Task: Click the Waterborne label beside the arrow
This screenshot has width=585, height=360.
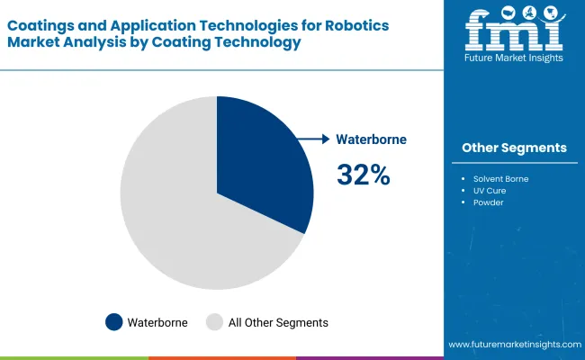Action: (372, 139)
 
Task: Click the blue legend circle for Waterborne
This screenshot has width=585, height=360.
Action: (114, 321)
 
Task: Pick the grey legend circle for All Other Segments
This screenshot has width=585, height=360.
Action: (215, 321)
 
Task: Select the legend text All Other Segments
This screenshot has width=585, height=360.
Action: (278, 321)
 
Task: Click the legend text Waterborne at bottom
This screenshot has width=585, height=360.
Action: (157, 321)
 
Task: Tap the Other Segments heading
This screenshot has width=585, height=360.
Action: (514, 148)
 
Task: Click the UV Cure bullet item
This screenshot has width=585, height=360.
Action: (491, 191)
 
